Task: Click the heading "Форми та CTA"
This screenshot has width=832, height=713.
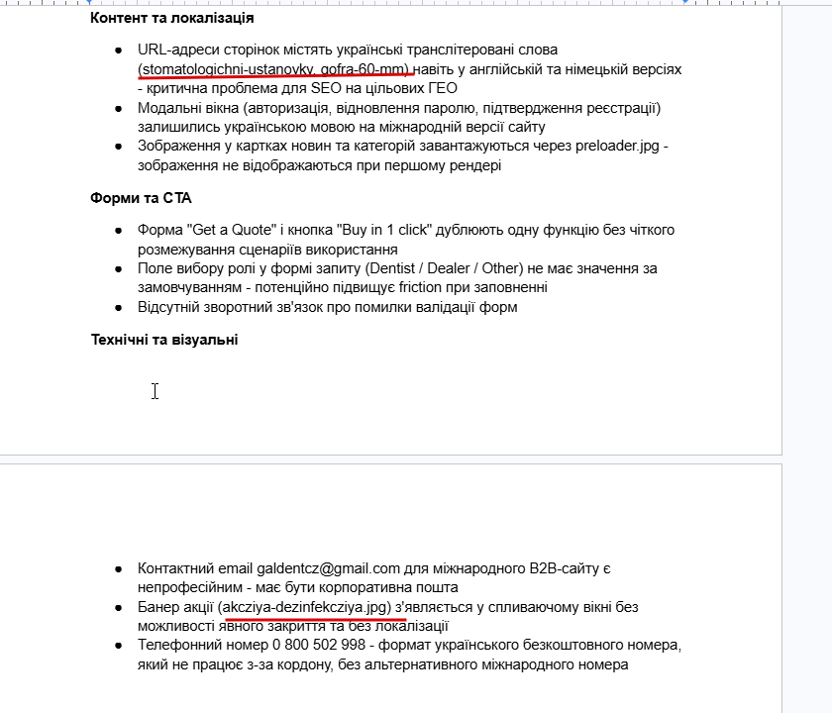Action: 141,198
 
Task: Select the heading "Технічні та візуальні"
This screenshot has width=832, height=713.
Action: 163,340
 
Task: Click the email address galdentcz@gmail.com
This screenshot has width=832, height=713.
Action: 328,568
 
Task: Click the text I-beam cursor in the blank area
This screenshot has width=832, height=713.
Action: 155,391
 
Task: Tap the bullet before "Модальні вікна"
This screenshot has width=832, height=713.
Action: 118,108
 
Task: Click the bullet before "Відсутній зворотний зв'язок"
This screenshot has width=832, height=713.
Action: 118,307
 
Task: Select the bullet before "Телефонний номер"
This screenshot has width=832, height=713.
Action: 118,646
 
